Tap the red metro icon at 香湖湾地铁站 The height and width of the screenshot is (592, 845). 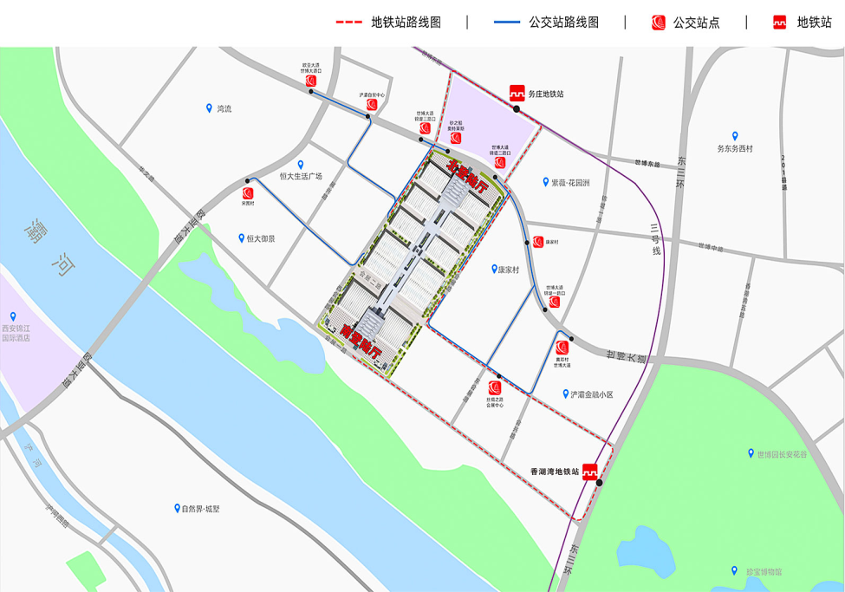click(x=589, y=472)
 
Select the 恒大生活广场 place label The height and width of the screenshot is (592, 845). click(x=300, y=176)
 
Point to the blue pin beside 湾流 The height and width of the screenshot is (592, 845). click(x=209, y=108)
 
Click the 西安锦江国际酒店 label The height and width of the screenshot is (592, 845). click(x=16, y=333)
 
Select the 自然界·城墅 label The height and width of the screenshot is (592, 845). click(x=200, y=509)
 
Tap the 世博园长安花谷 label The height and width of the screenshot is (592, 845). click(x=781, y=454)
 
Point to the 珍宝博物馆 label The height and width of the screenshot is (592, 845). click(x=764, y=572)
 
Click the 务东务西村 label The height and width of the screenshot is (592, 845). click(x=734, y=148)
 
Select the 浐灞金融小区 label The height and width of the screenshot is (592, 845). click(x=591, y=394)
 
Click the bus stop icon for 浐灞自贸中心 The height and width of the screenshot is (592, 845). click(x=371, y=106)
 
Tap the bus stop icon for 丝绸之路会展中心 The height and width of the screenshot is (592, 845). click(x=495, y=387)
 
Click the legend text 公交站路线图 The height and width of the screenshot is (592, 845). click(x=563, y=23)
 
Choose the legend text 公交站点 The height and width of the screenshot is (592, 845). click(x=696, y=23)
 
